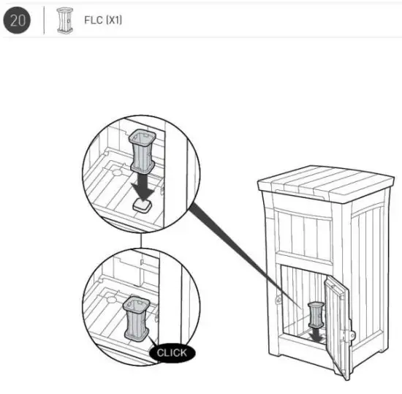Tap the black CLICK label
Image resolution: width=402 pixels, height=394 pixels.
172,352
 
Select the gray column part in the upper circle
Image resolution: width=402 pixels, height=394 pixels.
142,154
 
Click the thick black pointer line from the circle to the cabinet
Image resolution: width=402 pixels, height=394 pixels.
241,252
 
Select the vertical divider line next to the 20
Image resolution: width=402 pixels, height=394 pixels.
45,20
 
